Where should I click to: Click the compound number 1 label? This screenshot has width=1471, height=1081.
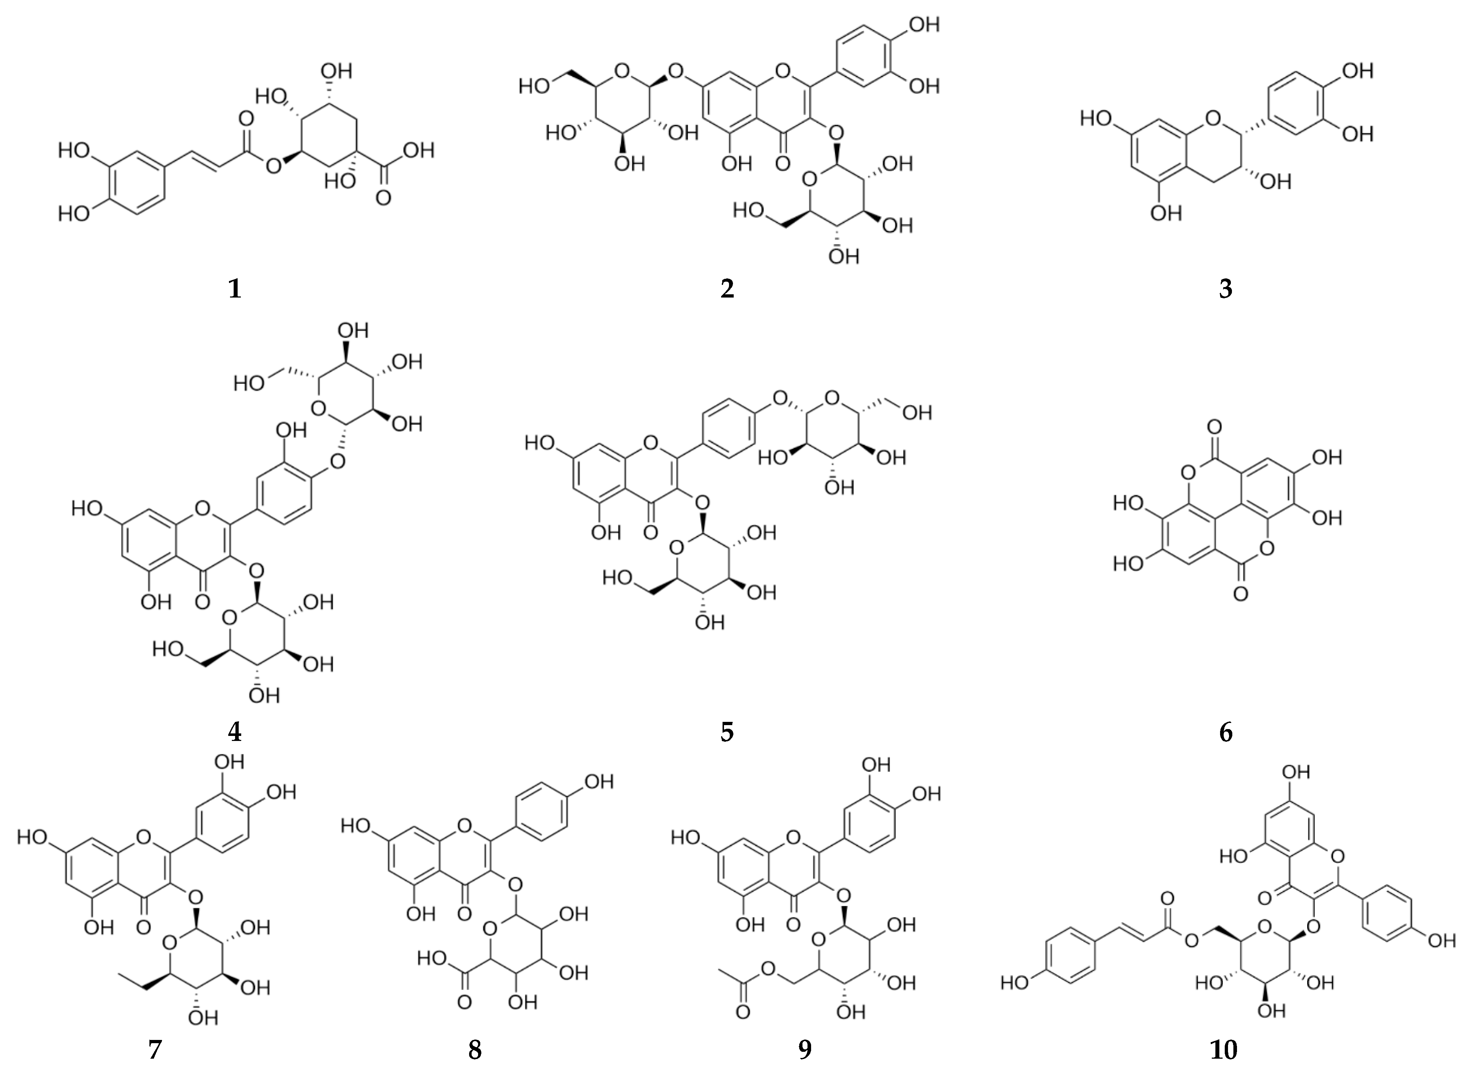(235, 288)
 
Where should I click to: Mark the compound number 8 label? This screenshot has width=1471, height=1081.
(475, 1050)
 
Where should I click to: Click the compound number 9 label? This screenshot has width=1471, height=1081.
(805, 1050)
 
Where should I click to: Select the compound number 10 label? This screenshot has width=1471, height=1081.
(1223, 1050)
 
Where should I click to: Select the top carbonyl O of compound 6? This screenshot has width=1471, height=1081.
(1215, 429)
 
